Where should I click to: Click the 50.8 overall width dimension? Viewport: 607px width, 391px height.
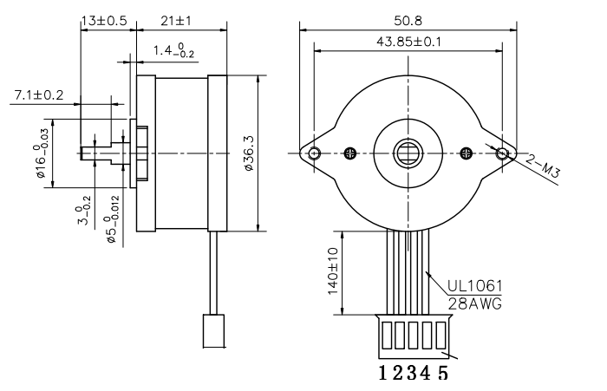[408, 21]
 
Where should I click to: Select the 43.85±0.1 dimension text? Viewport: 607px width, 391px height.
[408, 42]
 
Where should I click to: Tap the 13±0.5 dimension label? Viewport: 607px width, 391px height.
[104, 21]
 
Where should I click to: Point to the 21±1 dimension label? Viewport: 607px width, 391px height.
[176, 21]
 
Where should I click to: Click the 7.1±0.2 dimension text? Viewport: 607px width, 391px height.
[39, 94]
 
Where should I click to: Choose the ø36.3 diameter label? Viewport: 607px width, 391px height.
[249, 153]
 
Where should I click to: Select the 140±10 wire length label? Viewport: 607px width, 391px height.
[333, 271]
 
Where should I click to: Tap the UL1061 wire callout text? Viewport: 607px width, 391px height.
[474, 286]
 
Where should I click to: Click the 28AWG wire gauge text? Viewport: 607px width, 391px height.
[474, 303]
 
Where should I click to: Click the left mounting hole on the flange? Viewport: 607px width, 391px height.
[315, 153]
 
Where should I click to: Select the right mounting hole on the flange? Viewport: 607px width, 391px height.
[502, 153]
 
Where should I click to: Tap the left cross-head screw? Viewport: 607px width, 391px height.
[350, 153]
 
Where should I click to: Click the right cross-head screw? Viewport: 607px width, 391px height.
[467, 153]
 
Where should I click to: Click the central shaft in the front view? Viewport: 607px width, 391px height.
[408, 153]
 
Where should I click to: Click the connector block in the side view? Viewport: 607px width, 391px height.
[213, 331]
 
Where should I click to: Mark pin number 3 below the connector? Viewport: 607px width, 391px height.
[413, 373]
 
